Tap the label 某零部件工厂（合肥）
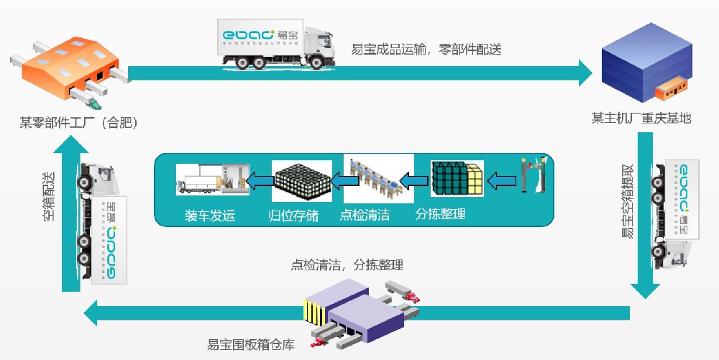click(x=78, y=122)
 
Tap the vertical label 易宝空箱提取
click(x=628, y=200)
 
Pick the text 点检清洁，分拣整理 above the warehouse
click(x=347, y=264)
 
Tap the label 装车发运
click(x=209, y=214)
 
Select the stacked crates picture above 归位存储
click(x=301, y=180)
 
